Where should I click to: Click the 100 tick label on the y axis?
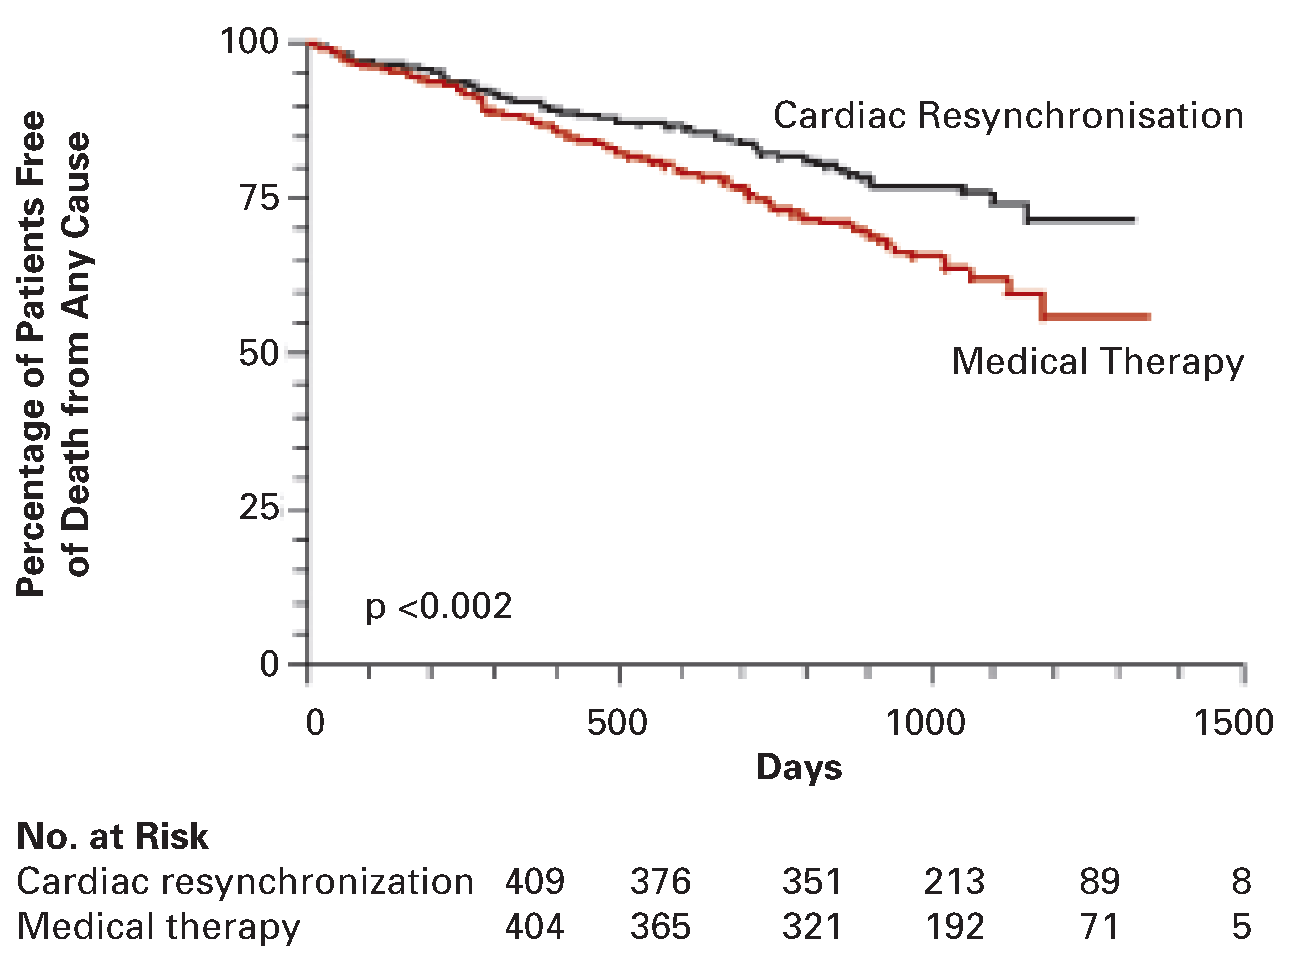click(x=249, y=42)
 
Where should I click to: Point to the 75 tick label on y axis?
click(x=260, y=197)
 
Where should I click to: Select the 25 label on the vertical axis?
click(x=260, y=508)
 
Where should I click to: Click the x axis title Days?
click(x=799, y=767)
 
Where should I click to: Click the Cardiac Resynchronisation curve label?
click(x=1008, y=115)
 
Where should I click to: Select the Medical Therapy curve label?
click(x=1097, y=362)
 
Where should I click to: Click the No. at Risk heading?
click(x=113, y=836)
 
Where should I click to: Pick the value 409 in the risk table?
click(x=534, y=881)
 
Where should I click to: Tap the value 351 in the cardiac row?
click(x=812, y=881)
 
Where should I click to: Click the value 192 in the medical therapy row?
click(x=955, y=926)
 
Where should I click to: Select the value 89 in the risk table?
click(x=1099, y=881)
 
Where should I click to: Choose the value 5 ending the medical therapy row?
click(x=1241, y=926)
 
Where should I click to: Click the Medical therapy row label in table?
click(x=159, y=926)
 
